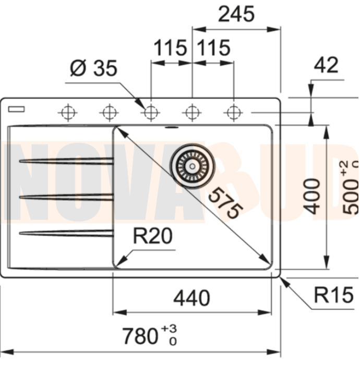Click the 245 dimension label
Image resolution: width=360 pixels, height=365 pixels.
tap(236, 15)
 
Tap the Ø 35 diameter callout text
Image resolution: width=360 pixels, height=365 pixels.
tap(93, 68)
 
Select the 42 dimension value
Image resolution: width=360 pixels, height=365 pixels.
tap(326, 65)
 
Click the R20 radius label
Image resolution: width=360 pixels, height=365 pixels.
tap(152, 236)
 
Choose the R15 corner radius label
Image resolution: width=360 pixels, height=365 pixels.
tap(334, 295)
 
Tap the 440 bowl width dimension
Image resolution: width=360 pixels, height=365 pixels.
tap(191, 298)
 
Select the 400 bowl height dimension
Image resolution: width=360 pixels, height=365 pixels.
tap(313, 196)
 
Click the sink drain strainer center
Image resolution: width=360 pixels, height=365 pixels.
tap(192, 166)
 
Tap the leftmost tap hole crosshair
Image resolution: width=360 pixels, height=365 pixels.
tap(68, 113)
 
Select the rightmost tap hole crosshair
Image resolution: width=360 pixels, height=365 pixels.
tap(233, 113)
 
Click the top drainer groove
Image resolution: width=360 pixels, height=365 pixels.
tap(66, 161)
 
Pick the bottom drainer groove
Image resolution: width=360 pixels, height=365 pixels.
tap(66, 233)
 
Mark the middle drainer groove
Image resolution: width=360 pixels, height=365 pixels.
tap(66, 197)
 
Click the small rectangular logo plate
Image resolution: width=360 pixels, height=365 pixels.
tap(16, 109)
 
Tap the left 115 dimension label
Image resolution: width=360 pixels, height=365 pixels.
tap(170, 48)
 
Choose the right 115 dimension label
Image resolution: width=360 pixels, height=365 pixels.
tap(213, 48)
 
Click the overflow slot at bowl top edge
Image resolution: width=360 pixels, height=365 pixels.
tap(172, 127)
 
